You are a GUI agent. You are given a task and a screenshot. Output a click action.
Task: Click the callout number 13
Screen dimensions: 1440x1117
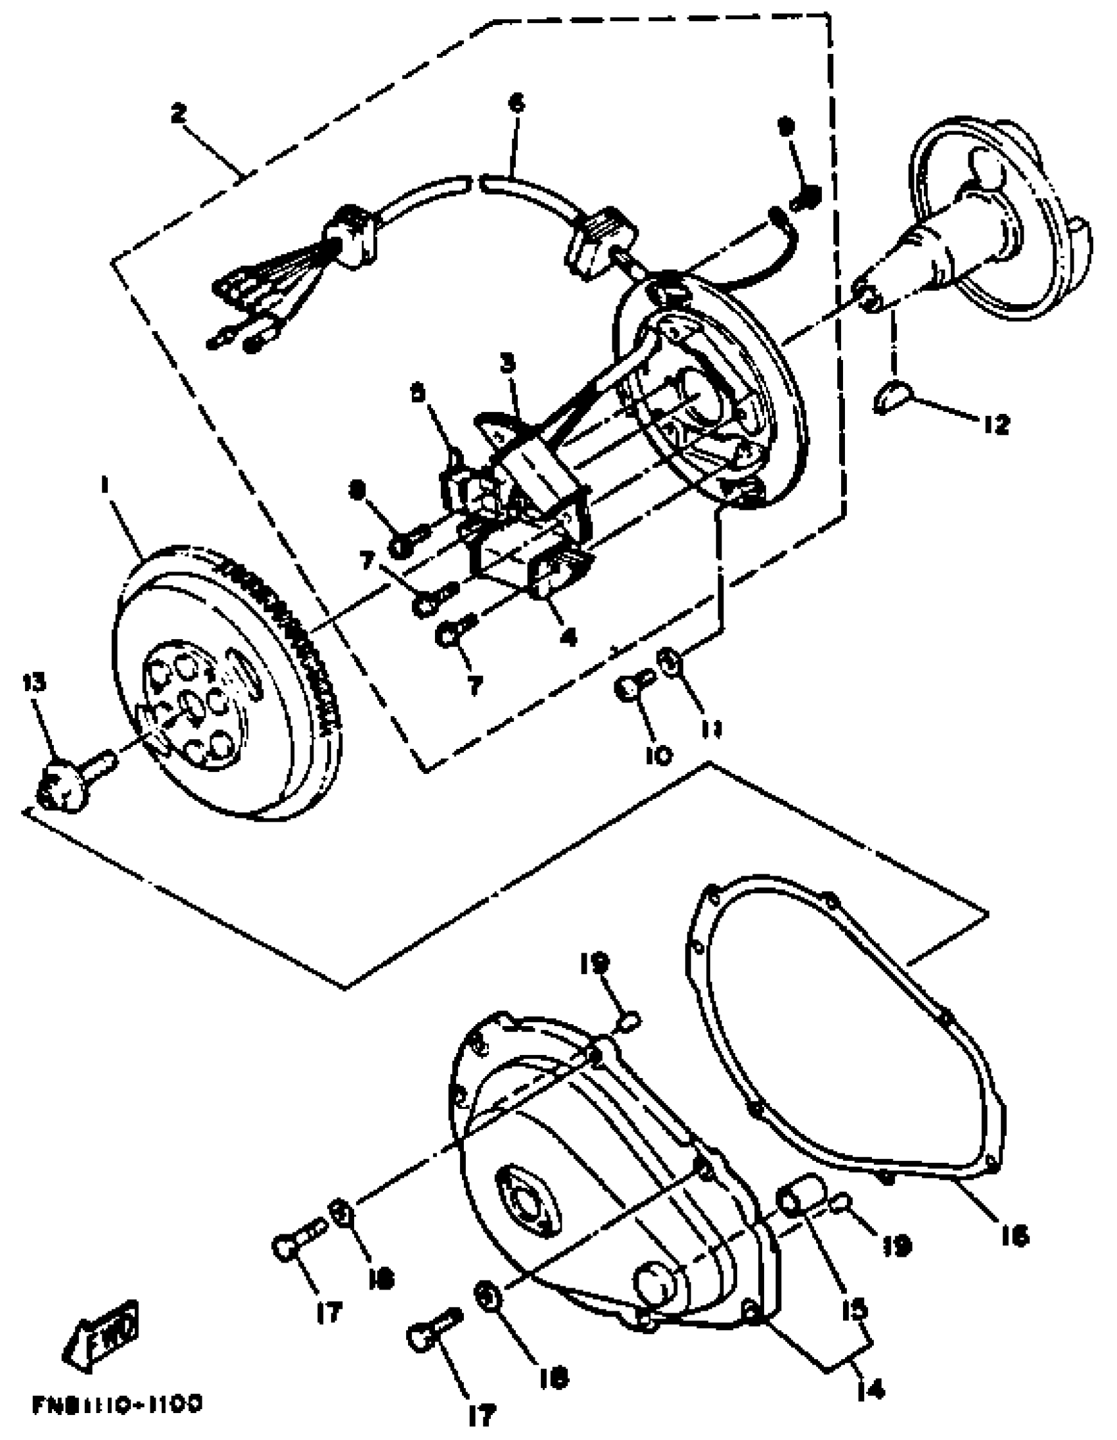tap(34, 683)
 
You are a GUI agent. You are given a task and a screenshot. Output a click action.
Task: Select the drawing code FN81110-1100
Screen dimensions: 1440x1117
tap(117, 1405)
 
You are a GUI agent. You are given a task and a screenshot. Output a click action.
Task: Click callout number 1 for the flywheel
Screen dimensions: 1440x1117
tap(104, 485)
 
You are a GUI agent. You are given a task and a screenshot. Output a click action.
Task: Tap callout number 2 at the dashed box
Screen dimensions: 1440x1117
tap(178, 114)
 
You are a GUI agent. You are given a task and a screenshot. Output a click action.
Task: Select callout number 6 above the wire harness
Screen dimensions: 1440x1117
tap(516, 104)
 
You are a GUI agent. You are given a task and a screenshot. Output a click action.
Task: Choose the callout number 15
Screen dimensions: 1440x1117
tap(855, 1309)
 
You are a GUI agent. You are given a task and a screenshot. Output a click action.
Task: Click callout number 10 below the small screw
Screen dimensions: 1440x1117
tap(659, 754)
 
